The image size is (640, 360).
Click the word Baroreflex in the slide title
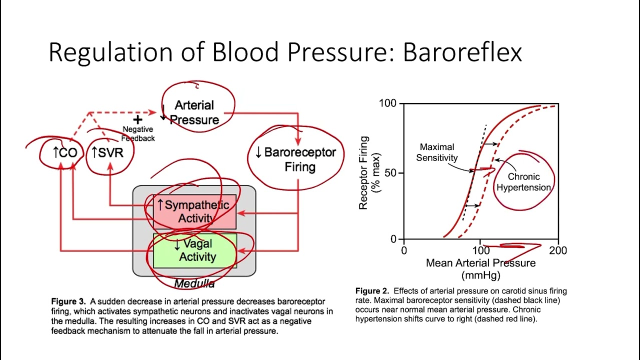click(462, 52)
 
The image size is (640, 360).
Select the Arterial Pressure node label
click(194, 112)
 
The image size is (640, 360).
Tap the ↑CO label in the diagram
click(65, 152)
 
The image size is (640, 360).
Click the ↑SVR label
click(107, 152)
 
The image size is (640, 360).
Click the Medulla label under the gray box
click(194, 284)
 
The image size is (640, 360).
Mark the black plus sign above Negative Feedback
click(137, 119)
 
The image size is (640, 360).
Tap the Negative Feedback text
click(138, 133)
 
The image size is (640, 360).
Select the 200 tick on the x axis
click(558, 250)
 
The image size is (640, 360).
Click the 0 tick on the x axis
click(404, 250)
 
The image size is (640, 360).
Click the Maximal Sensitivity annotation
click(438, 152)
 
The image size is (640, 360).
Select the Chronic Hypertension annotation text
click(523, 182)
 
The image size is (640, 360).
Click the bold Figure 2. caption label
click(372, 291)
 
